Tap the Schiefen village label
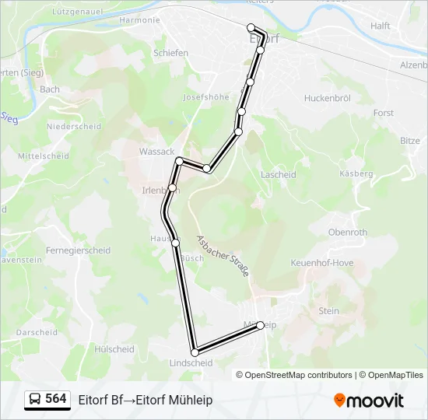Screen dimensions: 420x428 click(x=171, y=53)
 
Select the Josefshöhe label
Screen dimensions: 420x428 click(x=205, y=97)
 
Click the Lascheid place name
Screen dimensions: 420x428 click(x=279, y=175)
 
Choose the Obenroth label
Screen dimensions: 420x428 click(x=347, y=232)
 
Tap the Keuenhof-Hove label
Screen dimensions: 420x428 click(x=321, y=263)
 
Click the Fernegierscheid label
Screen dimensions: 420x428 click(x=78, y=250)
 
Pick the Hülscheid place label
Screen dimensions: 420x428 click(x=114, y=349)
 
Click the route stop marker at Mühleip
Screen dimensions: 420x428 click(x=261, y=325)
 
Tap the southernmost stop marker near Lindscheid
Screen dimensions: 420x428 click(x=195, y=352)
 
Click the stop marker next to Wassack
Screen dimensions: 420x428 click(x=180, y=161)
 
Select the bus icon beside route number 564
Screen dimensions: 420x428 click(x=34, y=399)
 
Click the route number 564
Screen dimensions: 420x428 click(x=56, y=399)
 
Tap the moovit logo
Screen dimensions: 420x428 click(x=369, y=401)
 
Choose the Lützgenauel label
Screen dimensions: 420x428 click(x=75, y=12)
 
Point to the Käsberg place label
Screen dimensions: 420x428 click(x=356, y=173)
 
